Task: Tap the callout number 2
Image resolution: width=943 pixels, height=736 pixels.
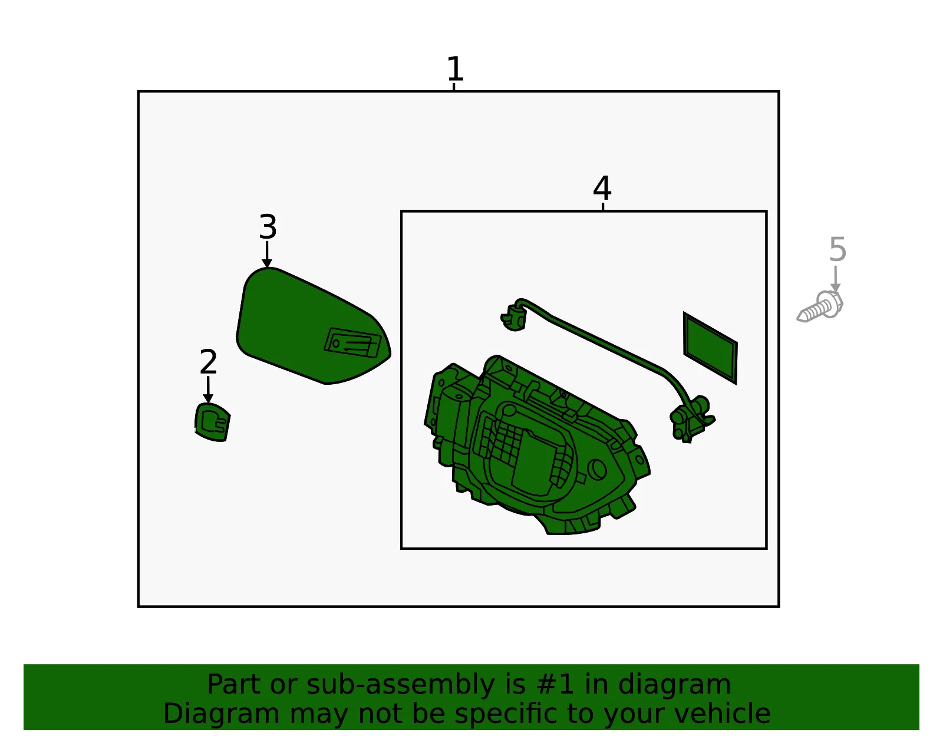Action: pyautogui.click(x=208, y=362)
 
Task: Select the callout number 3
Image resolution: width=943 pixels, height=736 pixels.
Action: pyautogui.click(x=268, y=227)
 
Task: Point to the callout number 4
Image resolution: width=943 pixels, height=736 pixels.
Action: pyautogui.click(x=602, y=188)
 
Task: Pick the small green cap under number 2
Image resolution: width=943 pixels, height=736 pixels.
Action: pyautogui.click(x=212, y=422)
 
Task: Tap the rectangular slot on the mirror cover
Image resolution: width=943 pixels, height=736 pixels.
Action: pyautogui.click(x=353, y=342)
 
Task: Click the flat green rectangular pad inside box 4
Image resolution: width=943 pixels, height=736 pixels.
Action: pyautogui.click(x=710, y=348)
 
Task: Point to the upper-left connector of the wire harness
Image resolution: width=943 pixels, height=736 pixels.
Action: pyautogui.click(x=515, y=315)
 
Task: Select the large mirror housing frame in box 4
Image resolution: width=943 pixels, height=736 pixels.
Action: pyautogui.click(x=537, y=445)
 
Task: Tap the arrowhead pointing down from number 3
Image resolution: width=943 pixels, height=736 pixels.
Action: pyautogui.click(x=267, y=263)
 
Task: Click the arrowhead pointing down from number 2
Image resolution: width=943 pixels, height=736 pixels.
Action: pyautogui.click(x=208, y=398)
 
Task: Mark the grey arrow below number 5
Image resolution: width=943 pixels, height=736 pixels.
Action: pyautogui.click(x=835, y=279)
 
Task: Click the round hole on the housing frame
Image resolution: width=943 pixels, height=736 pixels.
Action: pyautogui.click(x=597, y=470)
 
